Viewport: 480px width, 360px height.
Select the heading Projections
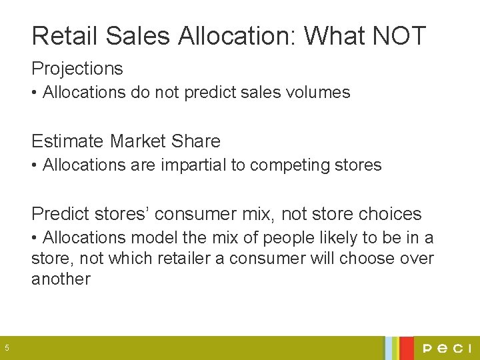tap(77, 69)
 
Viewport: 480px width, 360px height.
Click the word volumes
tap(317, 93)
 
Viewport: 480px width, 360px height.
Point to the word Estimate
tap(68, 141)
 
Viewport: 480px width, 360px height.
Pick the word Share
tap(195, 141)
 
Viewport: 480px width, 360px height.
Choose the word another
tap(61, 279)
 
